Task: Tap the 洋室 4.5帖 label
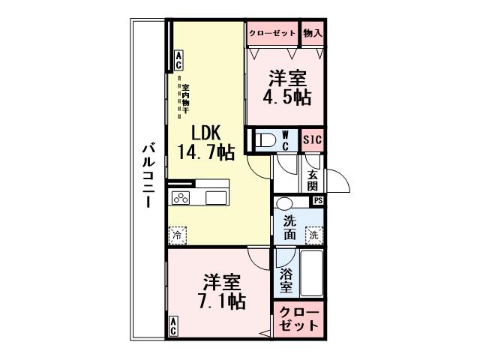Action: click(286, 87)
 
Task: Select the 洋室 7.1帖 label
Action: click(221, 292)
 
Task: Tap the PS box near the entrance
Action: click(318, 200)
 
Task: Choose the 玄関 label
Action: click(312, 181)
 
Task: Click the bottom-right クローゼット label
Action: click(299, 320)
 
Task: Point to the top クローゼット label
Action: click(272, 33)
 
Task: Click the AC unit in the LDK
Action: click(178, 58)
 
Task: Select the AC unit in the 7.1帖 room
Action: click(173, 325)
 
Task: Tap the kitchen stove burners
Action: click(181, 198)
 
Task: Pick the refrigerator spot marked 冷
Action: click(177, 235)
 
